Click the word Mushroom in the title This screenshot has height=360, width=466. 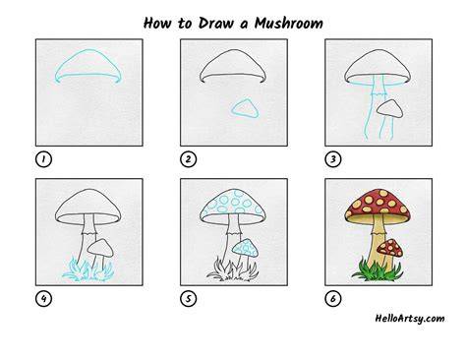(x=289, y=24)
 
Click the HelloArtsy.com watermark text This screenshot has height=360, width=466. (x=410, y=319)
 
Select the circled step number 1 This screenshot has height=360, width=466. (x=43, y=159)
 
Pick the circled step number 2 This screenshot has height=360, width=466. (x=188, y=159)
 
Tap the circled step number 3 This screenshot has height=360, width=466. (x=333, y=159)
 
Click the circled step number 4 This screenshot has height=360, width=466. (x=43, y=299)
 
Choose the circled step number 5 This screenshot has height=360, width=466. (x=188, y=299)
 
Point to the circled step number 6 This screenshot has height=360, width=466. (x=333, y=299)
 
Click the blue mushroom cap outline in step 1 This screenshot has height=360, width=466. (x=87, y=50)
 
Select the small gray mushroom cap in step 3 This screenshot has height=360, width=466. (x=390, y=109)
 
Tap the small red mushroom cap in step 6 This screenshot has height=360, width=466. (x=390, y=248)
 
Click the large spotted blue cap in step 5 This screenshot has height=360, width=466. (x=233, y=203)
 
